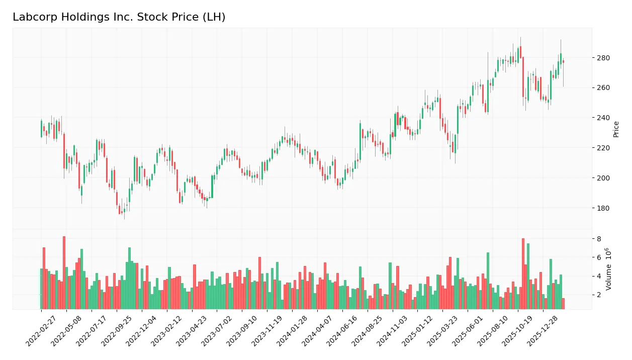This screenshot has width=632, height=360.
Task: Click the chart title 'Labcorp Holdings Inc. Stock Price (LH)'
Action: pyautogui.click(x=119, y=17)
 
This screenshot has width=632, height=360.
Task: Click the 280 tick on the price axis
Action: pyautogui.click(x=603, y=58)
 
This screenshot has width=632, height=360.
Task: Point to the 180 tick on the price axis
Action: pyautogui.click(x=603, y=208)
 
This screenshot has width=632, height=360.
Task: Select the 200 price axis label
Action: pyautogui.click(x=603, y=178)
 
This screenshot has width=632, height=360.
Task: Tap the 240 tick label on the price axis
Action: pyautogui.click(x=603, y=118)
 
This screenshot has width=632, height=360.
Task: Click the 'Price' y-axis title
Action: pyautogui.click(x=616, y=129)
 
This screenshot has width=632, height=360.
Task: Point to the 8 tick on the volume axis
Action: pyautogui.click(x=599, y=239)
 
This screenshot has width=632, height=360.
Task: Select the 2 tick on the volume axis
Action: pyautogui.click(x=599, y=295)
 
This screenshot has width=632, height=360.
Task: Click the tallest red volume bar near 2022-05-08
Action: pyautogui.click(x=64, y=273)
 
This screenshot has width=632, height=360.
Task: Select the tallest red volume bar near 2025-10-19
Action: pyautogui.click(x=523, y=274)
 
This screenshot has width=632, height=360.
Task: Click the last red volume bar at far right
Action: pyautogui.click(x=563, y=304)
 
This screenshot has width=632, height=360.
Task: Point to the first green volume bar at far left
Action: pyautogui.click(x=41, y=289)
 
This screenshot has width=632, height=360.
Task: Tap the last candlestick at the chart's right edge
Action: pyautogui.click(x=563, y=61)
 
